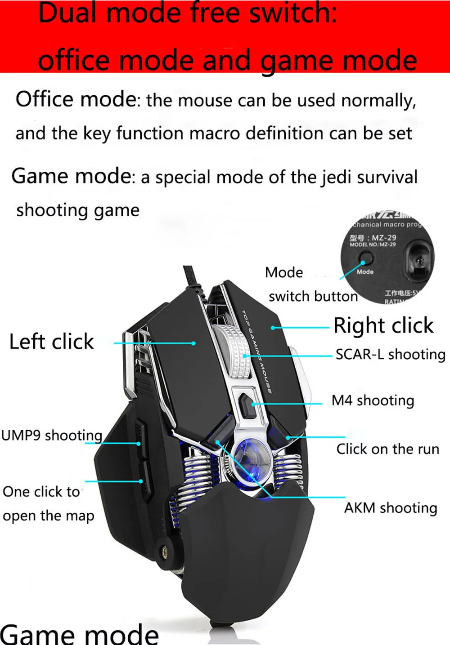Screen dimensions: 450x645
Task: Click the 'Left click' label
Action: [51, 342]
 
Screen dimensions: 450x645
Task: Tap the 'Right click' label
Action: [383, 325]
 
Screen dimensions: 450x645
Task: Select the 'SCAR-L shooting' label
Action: [390, 355]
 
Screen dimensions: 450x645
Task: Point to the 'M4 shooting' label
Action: [373, 400]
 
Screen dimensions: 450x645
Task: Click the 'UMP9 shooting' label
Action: [52, 436]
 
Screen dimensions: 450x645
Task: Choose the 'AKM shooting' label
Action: [391, 508]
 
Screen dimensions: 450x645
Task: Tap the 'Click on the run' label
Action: [387, 449]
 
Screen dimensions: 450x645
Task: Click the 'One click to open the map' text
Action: [48, 504]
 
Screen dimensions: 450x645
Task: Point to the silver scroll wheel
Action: [234, 351]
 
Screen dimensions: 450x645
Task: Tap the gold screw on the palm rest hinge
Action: [164, 549]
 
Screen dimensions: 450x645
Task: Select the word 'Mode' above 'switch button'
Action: [284, 272]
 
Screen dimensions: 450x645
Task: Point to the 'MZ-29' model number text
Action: [384, 238]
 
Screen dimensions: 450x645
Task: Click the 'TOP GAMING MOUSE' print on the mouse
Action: [257, 351]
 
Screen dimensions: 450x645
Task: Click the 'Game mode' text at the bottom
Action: [79, 634]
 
